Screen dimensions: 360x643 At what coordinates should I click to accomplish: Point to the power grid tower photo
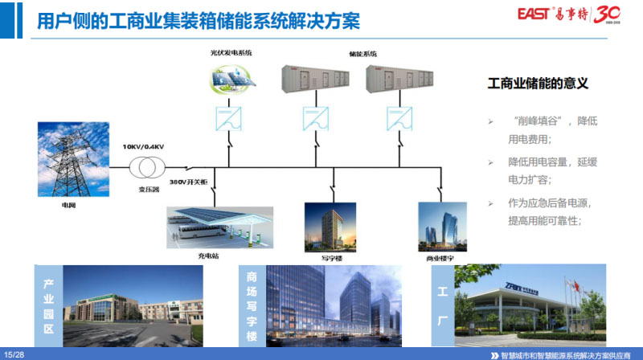(73, 159)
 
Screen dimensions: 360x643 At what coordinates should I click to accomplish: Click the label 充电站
(208, 256)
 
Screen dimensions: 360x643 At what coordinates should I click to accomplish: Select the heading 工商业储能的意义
(539, 83)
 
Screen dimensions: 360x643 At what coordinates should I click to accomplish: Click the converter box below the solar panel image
(230, 119)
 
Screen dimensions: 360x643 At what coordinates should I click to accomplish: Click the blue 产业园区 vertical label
(47, 306)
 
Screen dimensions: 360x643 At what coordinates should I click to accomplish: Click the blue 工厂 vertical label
(441, 305)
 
